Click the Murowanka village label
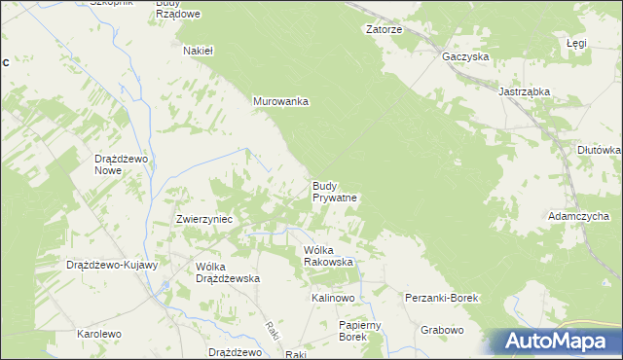(x=280, y=101)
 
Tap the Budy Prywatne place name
(x=336, y=191)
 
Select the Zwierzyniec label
(x=203, y=220)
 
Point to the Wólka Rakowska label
(x=328, y=256)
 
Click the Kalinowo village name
(x=333, y=297)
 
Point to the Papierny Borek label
(x=351, y=331)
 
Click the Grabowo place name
(x=442, y=330)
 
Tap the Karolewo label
(x=99, y=334)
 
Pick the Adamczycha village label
(x=578, y=216)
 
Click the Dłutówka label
(x=599, y=150)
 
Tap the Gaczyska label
(x=464, y=57)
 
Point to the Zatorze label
(x=384, y=30)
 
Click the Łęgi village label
(x=576, y=45)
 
